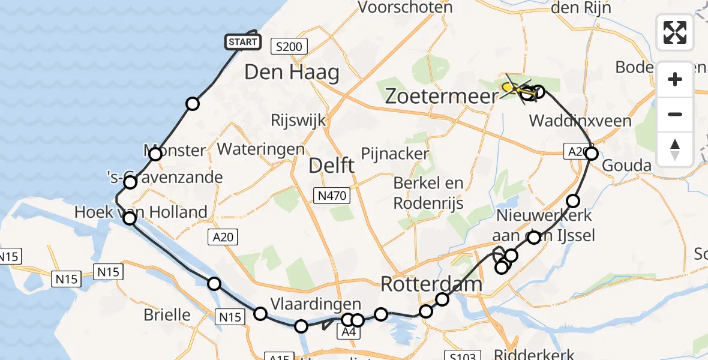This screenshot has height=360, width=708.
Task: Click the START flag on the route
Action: pos(243,42)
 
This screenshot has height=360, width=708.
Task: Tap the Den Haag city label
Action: pos(292,73)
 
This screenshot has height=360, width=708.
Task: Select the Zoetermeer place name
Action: pos(442,95)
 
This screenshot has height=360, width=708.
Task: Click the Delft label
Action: pos(331,166)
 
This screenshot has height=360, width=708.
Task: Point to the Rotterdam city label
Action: pos(431,283)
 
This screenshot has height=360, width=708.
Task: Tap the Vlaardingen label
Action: pos(316,303)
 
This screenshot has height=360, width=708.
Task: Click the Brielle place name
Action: pos(167,315)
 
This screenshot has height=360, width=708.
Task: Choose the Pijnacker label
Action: pos(395,154)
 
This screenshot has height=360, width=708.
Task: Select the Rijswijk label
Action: pos(298,120)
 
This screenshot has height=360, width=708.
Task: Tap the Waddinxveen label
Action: pos(580,121)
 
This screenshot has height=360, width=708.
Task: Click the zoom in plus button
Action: pos(675,80)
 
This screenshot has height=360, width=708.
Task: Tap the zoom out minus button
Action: pos(675,114)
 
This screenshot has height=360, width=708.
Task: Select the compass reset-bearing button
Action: pos(675,148)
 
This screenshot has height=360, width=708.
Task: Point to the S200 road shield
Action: pos(289,46)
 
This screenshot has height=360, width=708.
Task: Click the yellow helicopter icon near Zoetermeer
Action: pos(511,89)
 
